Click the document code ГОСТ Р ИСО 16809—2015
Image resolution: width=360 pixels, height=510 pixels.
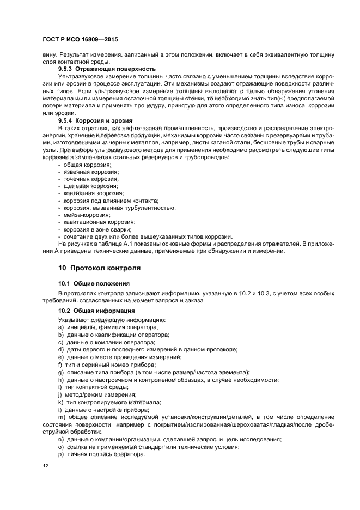coord(80,40)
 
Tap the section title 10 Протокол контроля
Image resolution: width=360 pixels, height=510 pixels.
coord(99,268)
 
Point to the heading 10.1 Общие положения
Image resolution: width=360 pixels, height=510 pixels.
coord(94,283)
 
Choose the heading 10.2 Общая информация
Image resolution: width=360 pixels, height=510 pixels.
coord(96,311)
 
